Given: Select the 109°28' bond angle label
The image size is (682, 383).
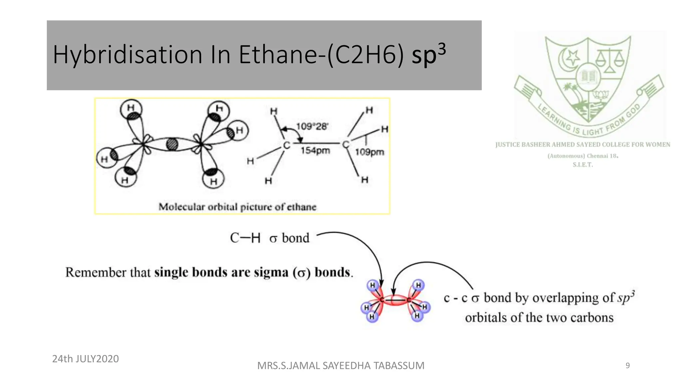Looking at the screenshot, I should [x=312, y=126].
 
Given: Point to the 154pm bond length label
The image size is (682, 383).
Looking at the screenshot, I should [x=315, y=151].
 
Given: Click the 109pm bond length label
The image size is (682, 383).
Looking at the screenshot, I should [x=369, y=152].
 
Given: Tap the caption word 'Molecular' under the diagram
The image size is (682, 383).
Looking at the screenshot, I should [x=181, y=207].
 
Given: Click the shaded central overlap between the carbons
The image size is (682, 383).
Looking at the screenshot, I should [x=172, y=144].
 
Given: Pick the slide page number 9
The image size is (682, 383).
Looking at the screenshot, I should [x=627, y=366].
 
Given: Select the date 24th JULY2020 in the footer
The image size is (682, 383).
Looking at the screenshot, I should [x=86, y=359].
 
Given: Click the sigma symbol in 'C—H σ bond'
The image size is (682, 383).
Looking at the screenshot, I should [x=273, y=239].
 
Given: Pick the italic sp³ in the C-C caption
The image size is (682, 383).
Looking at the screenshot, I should [x=626, y=297].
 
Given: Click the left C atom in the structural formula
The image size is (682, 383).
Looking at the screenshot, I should [x=286, y=145].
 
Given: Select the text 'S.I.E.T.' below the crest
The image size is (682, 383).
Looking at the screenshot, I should [x=582, y=165].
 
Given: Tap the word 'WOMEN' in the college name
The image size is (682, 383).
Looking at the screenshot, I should [x=658, y=145].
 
